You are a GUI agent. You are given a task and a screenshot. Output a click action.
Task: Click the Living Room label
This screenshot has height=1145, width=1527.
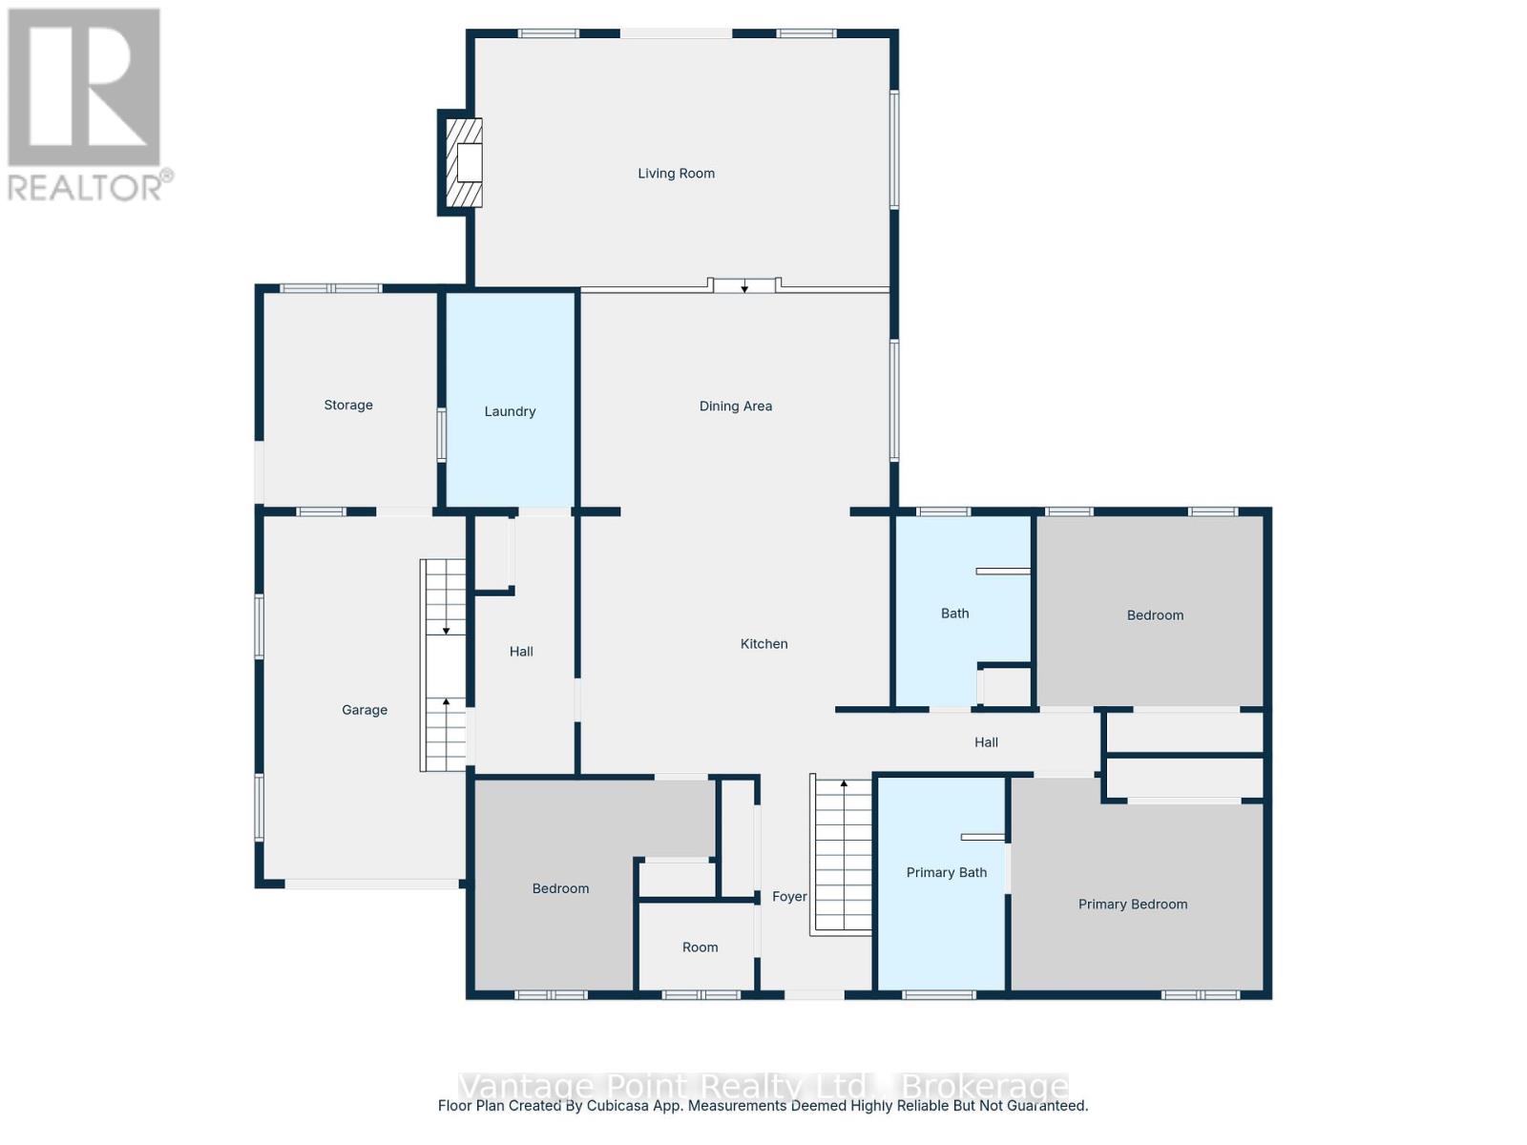(676, 173)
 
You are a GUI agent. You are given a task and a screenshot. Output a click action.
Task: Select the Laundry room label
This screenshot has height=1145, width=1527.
(510, 411)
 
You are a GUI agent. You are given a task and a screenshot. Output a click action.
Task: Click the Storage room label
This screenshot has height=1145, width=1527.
(348, 405)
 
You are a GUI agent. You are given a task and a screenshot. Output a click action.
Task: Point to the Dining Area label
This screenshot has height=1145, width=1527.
(735, 406)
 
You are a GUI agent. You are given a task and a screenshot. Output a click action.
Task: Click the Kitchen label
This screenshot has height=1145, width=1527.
(763, 644)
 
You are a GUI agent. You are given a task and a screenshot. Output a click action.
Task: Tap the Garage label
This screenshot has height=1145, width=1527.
(365, 710)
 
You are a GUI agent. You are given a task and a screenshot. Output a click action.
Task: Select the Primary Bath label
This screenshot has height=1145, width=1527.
(946, 872)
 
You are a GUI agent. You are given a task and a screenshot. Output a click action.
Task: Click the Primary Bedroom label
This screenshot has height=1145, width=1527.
(1133, 904)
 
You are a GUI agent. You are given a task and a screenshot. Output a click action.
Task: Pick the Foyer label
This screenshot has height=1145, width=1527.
(789, 896)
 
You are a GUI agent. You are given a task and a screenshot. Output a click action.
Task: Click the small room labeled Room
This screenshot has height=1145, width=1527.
(700, 947)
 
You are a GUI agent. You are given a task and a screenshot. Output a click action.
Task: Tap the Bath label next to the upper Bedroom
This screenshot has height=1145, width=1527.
(954, 614)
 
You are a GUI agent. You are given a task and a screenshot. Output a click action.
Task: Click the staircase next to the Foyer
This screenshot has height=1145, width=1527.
(843, 854)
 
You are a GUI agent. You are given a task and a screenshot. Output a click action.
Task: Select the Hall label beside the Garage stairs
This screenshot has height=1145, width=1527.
(521, 652)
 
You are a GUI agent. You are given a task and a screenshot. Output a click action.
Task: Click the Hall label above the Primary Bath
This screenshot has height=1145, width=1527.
(986, 741)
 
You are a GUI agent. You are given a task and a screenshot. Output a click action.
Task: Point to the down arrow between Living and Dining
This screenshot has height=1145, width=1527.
(744, 287)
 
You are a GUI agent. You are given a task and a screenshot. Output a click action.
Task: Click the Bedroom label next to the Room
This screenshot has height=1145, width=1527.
(560, 888)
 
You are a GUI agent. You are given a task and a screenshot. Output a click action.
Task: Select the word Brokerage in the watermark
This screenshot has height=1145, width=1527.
(985, 1086)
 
